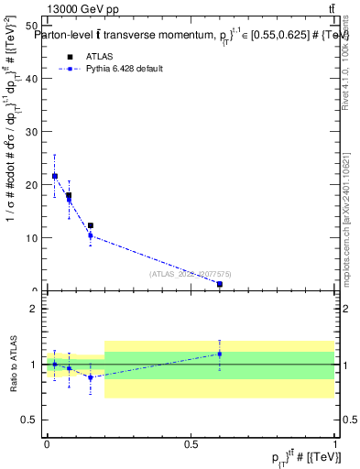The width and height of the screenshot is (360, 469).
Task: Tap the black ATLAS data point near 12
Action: tap(90, 225)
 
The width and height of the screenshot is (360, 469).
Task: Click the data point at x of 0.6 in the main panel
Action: tap(219, 284)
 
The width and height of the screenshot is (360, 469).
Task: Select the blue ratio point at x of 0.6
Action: tap(219, 354)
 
